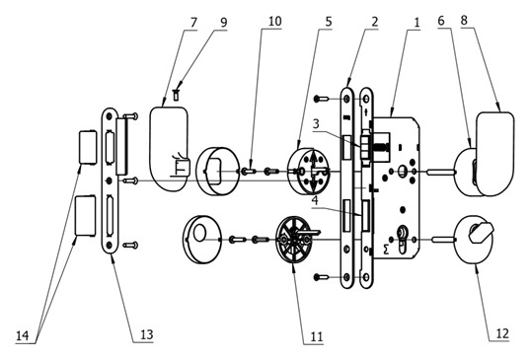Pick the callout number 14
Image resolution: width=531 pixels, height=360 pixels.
tap(22, 336)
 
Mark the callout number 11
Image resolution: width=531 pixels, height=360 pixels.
tap(316, 336)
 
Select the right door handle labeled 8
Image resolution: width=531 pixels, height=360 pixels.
tap(493, 146)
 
